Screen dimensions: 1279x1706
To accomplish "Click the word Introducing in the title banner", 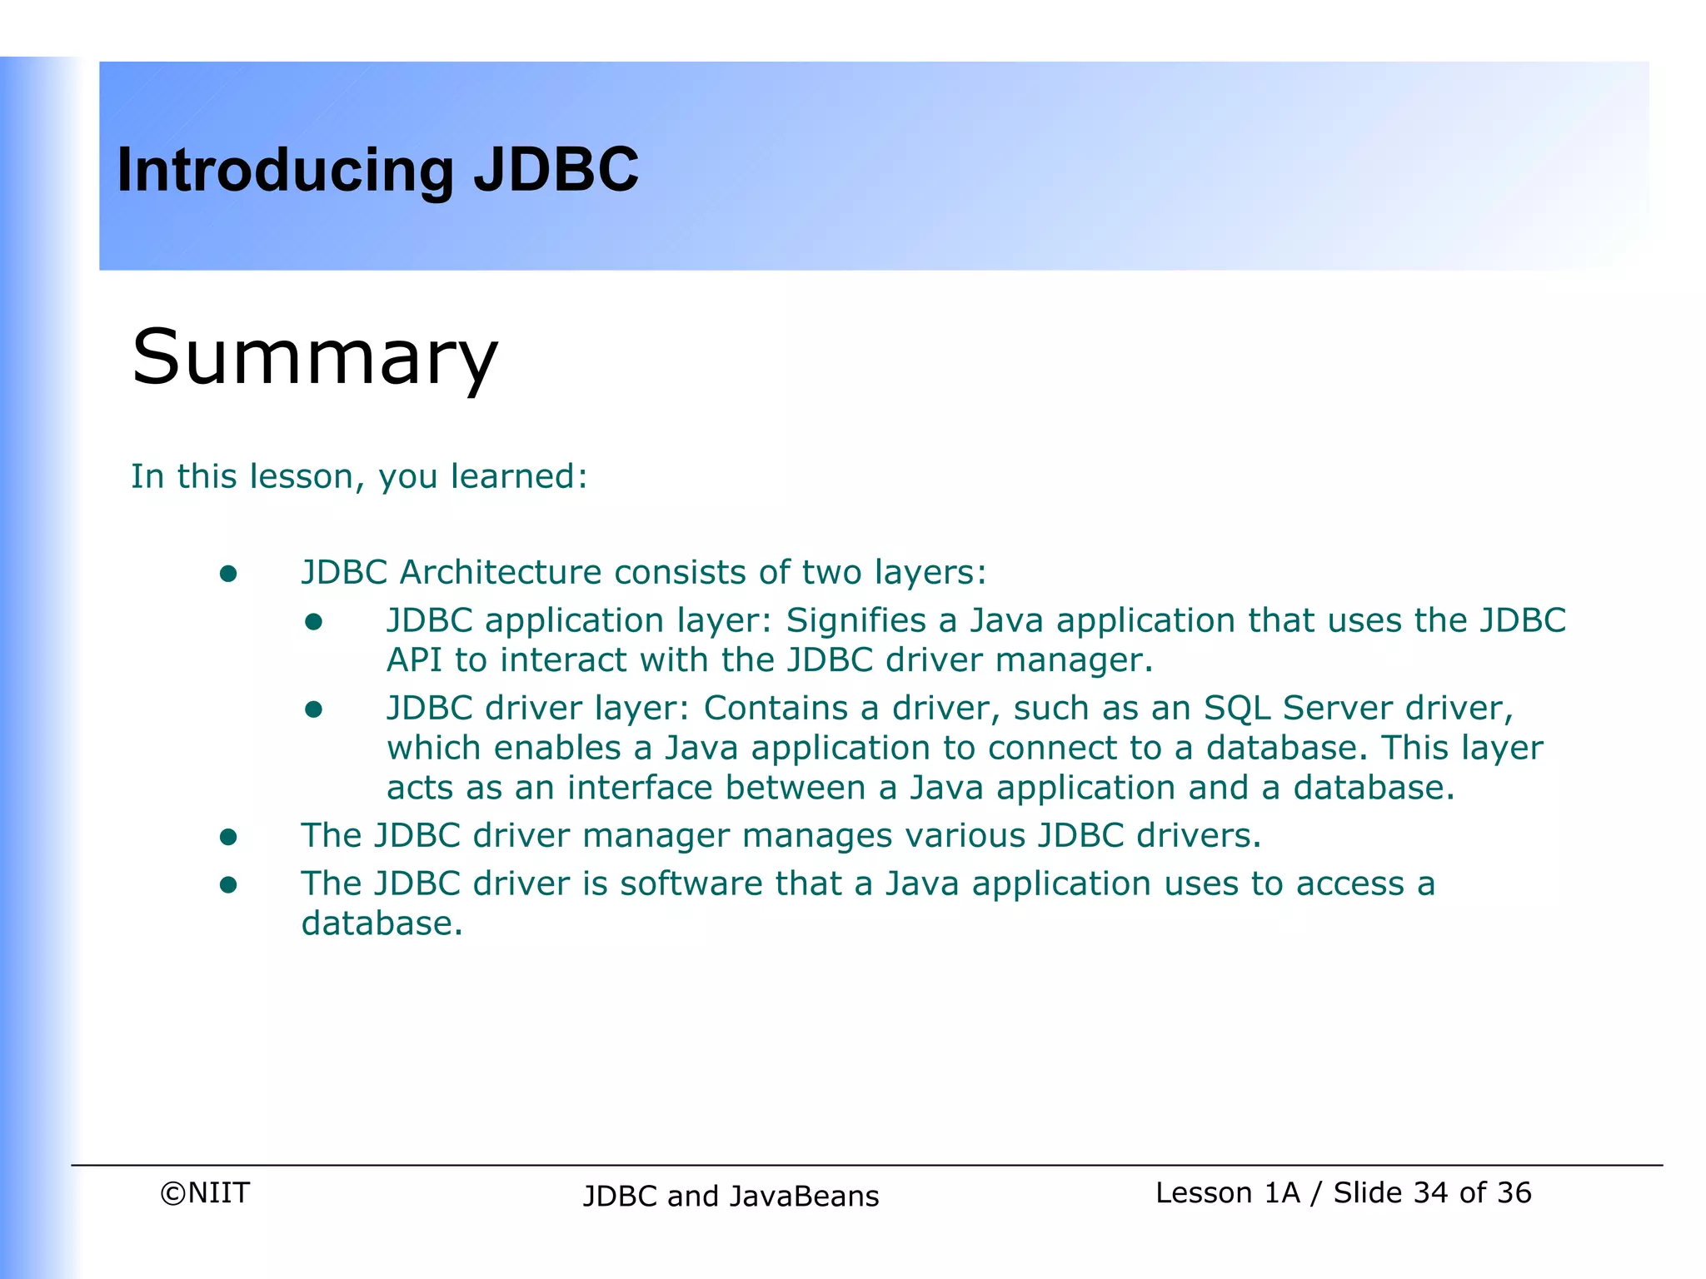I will point(285,171).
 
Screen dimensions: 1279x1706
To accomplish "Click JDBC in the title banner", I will point(556,169).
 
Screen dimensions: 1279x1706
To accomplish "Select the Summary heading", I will point(314,358).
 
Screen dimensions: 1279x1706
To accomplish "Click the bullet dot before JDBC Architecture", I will point(228,574).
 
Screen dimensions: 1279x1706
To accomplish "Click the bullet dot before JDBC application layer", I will point(313,622).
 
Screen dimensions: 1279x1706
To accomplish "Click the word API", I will point(414,660).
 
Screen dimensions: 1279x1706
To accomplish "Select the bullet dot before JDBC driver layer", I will point(313,709).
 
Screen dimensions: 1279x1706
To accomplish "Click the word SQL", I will point(1236,708).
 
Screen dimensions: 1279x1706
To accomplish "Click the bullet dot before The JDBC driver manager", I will point(228,837).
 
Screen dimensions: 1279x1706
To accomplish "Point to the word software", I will point(691,883).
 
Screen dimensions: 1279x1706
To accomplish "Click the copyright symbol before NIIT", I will point(172,1194).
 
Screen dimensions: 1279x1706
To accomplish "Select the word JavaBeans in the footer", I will point(804,1197).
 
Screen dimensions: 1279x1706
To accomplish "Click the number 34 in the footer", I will point(1430,1193).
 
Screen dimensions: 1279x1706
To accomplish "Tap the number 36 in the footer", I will point(1513,1193).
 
